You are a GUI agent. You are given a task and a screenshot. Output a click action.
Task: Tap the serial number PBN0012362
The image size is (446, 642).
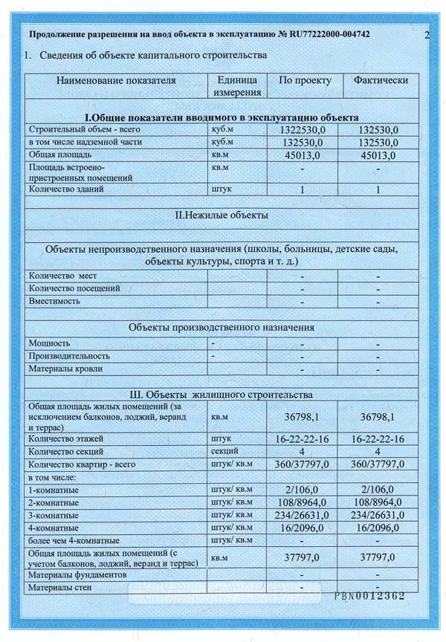(369, 595)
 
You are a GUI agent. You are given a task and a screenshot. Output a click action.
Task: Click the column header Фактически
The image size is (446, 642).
(377, 80)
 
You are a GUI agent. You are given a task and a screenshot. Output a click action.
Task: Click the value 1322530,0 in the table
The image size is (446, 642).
(302, 129)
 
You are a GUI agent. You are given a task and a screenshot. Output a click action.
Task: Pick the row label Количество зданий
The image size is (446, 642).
(65, 189)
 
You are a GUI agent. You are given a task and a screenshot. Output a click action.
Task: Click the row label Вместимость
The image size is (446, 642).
(55, 302)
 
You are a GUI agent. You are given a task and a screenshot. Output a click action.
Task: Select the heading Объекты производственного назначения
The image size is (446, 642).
(221, 327)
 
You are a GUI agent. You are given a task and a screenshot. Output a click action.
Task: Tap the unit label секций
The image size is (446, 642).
(224, 451)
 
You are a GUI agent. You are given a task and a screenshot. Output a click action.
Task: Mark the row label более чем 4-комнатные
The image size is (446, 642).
(73, 540)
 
